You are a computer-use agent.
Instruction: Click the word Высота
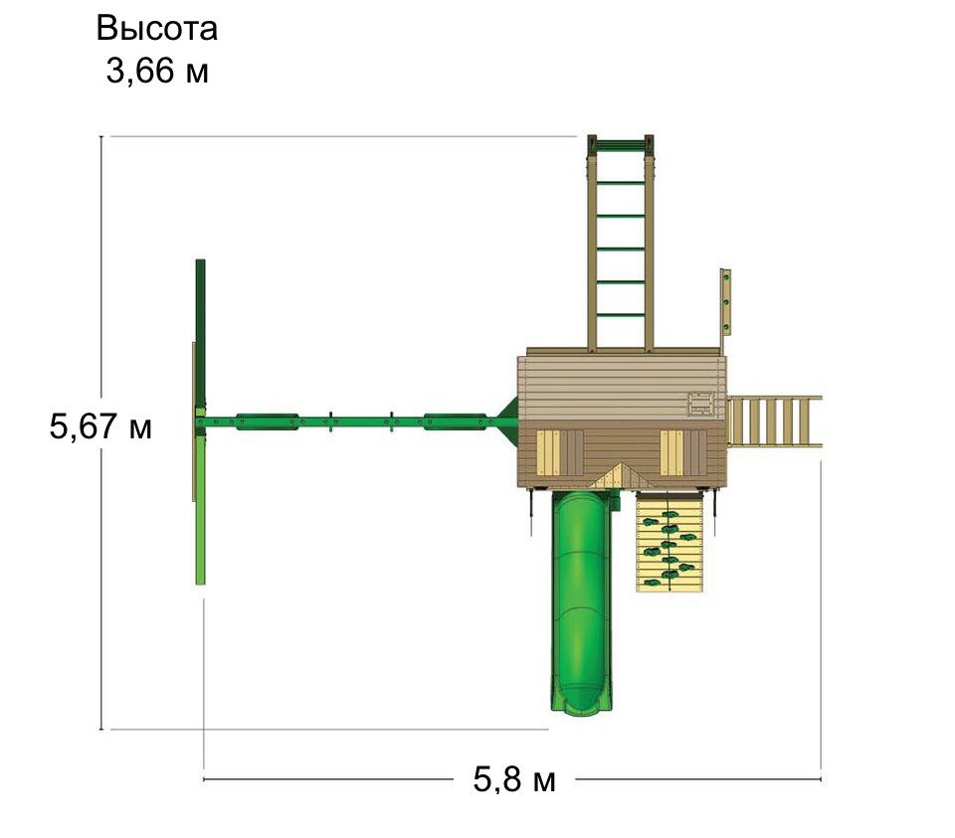pos(156,29)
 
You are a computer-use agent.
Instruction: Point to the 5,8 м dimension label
pos(514,779)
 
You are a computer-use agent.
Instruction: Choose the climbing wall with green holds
pos(669,542)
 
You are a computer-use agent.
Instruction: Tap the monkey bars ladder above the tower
pos(620,244)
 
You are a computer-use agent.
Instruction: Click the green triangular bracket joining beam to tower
pos(506,419)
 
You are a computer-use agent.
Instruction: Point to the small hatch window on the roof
pos(701,405)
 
